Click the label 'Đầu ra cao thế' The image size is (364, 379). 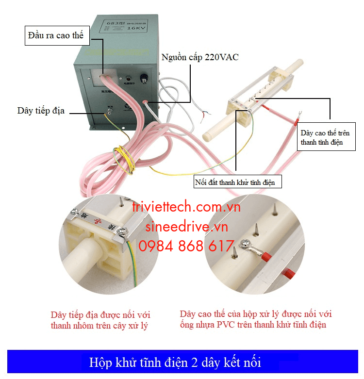pyautogui.click(x=56, y=35)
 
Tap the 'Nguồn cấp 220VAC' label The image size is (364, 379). pyautogui.click(x=199, y=57)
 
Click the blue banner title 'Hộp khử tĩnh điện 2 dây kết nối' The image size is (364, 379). pyautogui.click(x=182, y=362)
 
